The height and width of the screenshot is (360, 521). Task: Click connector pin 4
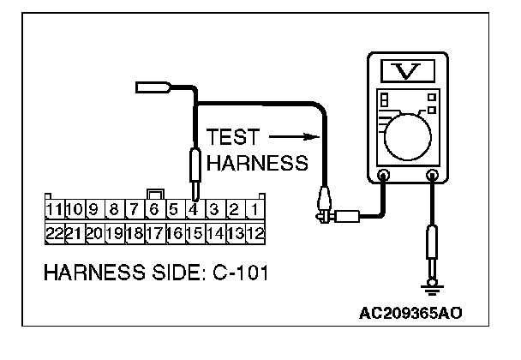tap(195, 208)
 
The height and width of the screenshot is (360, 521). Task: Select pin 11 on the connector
tap(55, 208)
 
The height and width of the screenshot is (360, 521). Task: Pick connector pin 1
tap(255, 208)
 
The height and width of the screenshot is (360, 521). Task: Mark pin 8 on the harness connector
tap(114, 208)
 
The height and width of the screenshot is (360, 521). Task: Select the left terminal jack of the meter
tap(383, 176)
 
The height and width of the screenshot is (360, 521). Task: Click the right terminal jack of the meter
tap(433, 176)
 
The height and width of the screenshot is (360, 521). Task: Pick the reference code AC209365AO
tap(417, 312)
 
